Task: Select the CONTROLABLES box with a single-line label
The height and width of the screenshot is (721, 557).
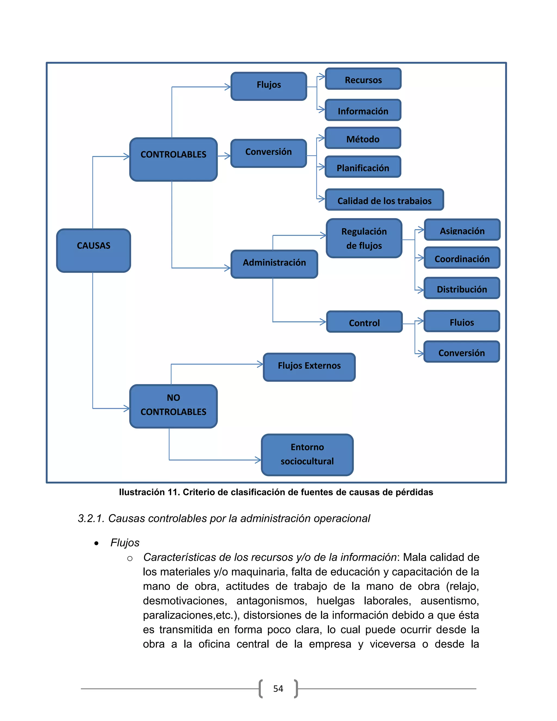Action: click(x=173, y=159)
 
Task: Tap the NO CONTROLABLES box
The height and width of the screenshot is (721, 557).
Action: click(x=173, y=406)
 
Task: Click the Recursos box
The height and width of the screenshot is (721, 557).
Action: click(x=363, y=79)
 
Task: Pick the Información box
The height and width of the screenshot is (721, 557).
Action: click(x=363, y=110)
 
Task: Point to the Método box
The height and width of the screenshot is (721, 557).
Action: click(x=363, y=138)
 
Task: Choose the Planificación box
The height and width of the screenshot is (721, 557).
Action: click(x=363, y=167)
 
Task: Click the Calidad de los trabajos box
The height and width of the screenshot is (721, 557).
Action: click(x=384, y=199)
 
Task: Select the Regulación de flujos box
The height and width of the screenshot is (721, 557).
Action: click(x=364, y=238)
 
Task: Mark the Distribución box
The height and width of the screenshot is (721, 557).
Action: click(x=462, y=288)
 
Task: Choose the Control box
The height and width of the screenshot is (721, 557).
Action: click(x=364, y=322)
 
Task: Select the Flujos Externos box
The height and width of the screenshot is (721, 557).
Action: click(x=309, y=367)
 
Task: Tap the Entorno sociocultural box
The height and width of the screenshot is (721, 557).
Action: click(x=307, y=455)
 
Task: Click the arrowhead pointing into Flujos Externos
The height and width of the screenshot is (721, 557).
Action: click(x=261, y=364)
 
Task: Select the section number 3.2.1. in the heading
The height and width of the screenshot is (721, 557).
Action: click(x=91, y=518)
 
